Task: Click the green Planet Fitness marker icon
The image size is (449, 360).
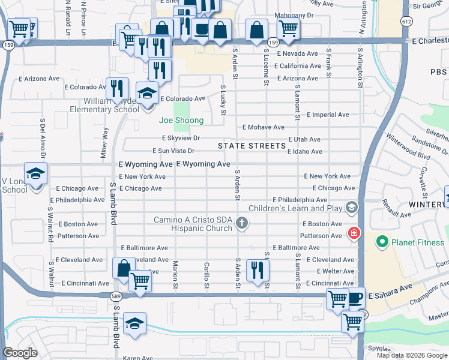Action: tap(381, 243)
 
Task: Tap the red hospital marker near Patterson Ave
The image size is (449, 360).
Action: tap(354, 232)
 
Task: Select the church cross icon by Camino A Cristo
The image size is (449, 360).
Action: tap(242, 223)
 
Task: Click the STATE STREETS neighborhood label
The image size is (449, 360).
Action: tap(252, 146)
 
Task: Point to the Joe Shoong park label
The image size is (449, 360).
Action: tap(181, 121)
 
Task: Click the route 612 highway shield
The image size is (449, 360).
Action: tap(407, 22)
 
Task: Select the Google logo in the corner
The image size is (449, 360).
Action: tap(20, 353)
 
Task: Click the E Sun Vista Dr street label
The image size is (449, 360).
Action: tap(173, 151)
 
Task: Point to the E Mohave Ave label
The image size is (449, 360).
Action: tap(263, 127)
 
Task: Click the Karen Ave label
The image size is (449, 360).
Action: tap(137, 358)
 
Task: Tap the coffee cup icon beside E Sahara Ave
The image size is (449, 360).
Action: tap(355, 296)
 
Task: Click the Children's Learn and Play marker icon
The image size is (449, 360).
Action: tap(351, 208)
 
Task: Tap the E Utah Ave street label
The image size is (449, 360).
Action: tap(305, 139)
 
